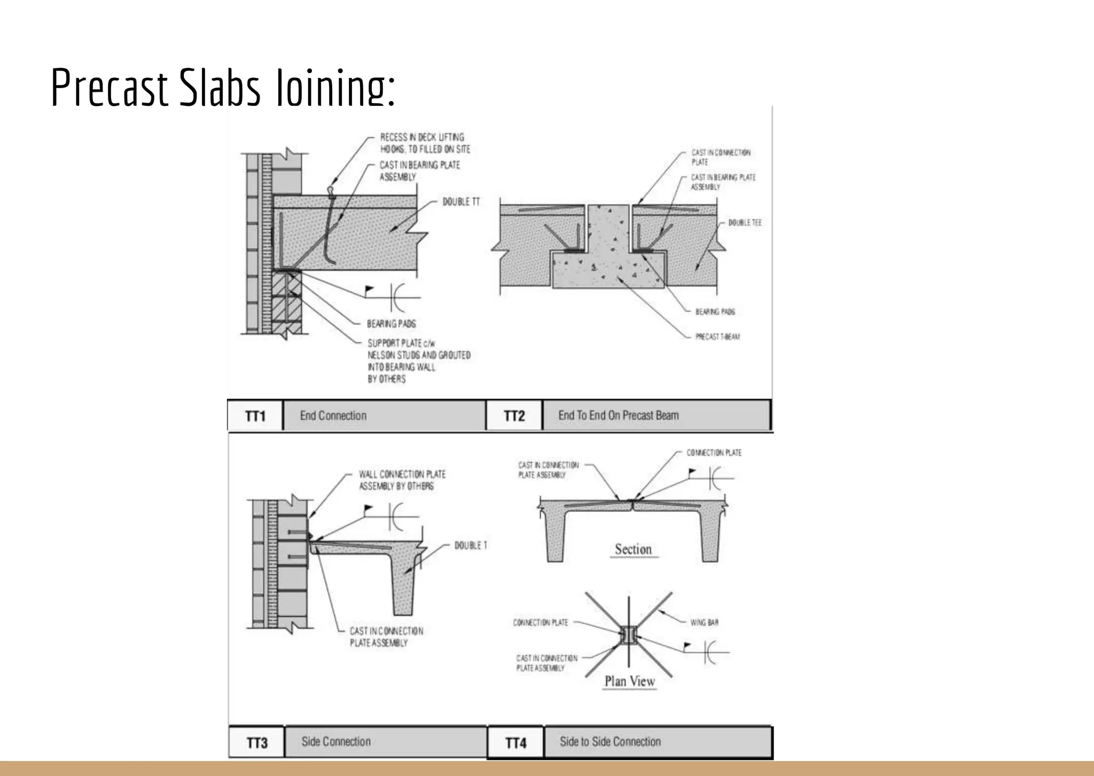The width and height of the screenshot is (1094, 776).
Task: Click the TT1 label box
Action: pos(255,416)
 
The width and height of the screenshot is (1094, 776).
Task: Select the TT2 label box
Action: pos(514,416)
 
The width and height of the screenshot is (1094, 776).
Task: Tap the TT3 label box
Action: pos(257,743)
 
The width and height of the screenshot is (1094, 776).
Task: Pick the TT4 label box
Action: pos(515,743)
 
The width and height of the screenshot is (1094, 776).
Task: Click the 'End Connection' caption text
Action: pos(333,416)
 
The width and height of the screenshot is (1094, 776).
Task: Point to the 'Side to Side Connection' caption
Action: pos(610,741)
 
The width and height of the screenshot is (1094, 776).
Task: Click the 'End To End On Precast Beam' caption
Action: pos(618,416)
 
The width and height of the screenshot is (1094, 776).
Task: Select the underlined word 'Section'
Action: pos(633,549)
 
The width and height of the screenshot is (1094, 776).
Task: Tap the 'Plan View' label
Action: pos(629,681)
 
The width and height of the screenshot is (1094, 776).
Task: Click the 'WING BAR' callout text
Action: pos(704,623)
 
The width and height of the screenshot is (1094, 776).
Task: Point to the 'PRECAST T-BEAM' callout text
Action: pos(717,337)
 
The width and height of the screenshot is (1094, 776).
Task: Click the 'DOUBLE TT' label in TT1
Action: pos(461,202)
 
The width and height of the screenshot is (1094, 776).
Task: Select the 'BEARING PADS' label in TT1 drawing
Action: pos(391,324)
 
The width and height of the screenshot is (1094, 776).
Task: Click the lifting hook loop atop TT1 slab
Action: pos(332,190)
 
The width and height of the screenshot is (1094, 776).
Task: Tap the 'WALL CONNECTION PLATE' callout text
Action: pos(402,474)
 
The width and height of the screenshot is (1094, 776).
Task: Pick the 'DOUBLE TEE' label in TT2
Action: pos(745,223)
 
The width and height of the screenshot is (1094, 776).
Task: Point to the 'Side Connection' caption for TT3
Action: pos(335,741)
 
